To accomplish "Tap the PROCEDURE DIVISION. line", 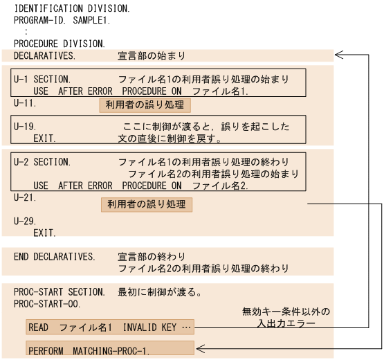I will pyautogui.click(x=60, y=43).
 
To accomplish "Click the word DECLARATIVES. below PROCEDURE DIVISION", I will pyautogui.click(x=45, y=55).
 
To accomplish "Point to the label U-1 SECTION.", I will pyautogui.click(x=42, y=79).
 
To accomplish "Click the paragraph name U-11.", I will pyautogui.click(x=25, y=103).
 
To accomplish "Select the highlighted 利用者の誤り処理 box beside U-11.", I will pyautogui.click(x=145, y=105).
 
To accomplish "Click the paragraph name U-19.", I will pyautogui.click(x=25, y=127).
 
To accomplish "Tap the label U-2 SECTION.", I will pyautogui.click(x=42, y=162).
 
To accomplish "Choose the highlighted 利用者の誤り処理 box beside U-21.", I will pyautogui.click(x=147, y=204).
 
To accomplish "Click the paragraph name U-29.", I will pyautogui.click(x=25, y=222).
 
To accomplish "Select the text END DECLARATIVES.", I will pyautogui.click(x=55, y=256).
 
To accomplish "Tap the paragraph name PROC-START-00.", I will pyautogui.click(x=47, y=303).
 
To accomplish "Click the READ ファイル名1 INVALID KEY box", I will pyautogui.click(x=110, y=327).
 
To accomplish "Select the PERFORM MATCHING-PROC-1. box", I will pyautogui.click(x=110, y=349).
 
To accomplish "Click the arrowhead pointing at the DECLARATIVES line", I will pyautogui.click(x=338, y=54).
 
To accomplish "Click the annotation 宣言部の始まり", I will pyautogui.click(x=152, y=55).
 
